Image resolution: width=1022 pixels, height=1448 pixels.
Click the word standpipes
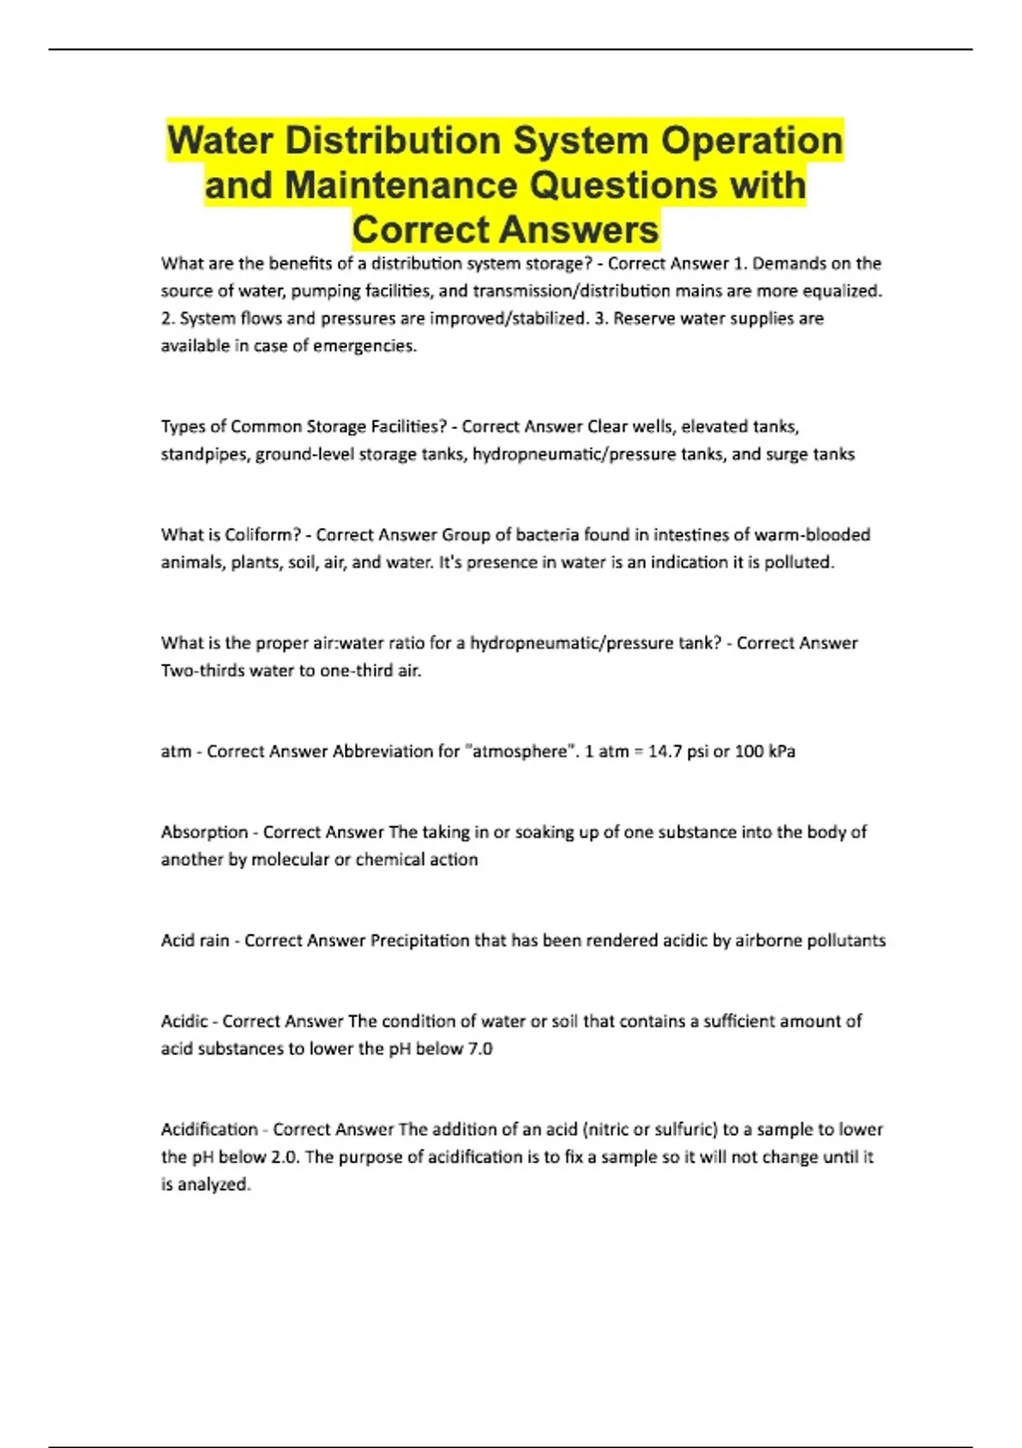(204, 454)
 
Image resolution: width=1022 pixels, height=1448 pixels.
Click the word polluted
(798, 562)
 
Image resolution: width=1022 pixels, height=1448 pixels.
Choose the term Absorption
(204, 832)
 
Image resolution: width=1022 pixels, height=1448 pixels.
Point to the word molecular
(290, 859)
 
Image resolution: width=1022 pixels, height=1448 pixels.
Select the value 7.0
(480, 1049)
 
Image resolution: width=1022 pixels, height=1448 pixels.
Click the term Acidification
(210, 1129)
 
